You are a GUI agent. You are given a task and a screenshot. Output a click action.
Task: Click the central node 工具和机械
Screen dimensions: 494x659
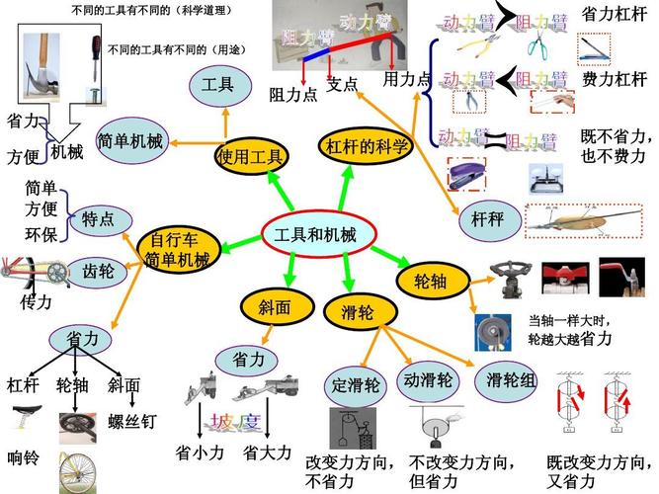coord(309,234)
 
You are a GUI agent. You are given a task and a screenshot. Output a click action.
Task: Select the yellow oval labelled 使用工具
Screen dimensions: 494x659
coord(251,155)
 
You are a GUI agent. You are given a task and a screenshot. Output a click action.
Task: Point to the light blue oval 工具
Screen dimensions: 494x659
coord(218,86)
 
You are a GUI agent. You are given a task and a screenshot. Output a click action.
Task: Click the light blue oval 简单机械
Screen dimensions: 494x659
coord(130,141)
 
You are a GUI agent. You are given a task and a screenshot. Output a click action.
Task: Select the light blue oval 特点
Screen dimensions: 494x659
coord(98,219)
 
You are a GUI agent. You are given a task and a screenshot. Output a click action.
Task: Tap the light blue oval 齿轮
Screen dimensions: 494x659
coord(98,270)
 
